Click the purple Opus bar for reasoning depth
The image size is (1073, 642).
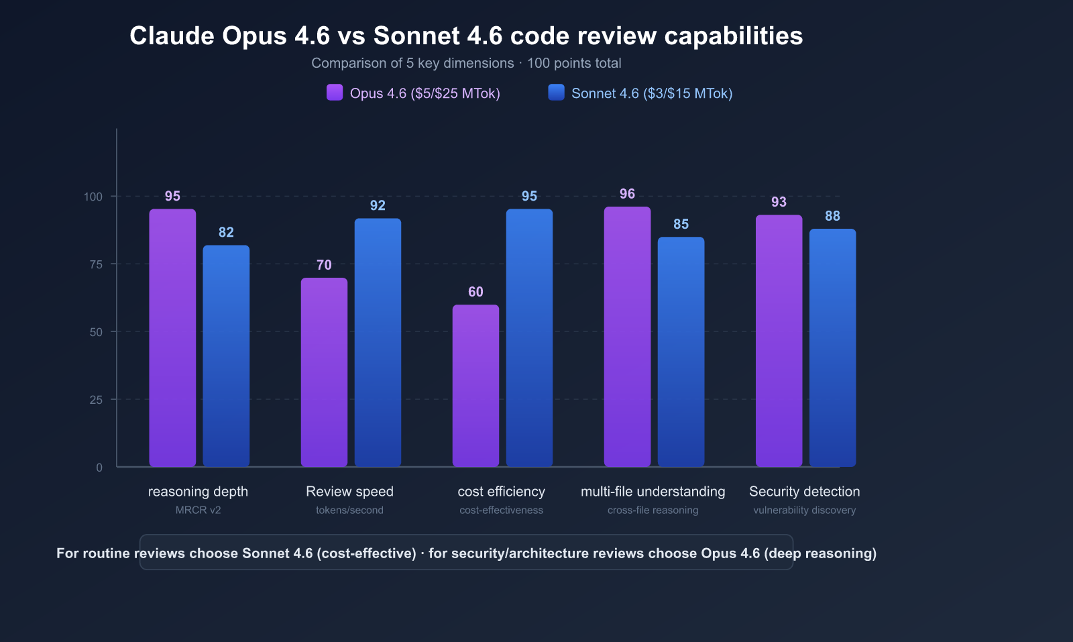coord(172,337)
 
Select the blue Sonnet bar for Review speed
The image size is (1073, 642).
coord(378,342)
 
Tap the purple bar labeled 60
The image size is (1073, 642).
coord(475,386)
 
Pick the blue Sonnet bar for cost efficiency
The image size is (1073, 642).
coord(529,337)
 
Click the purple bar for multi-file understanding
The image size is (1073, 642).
coord(627,336)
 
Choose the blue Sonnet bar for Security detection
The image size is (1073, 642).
coord(832,347)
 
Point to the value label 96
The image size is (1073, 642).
coord(627,194)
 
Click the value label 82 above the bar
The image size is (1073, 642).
coord(226,232)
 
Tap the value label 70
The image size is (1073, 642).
coord(324,265)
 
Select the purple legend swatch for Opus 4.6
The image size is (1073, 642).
coord(335,93)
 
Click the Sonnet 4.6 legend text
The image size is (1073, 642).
coord(651,93)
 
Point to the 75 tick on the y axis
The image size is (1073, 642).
coord(96,264)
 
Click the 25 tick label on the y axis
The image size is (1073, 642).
coord(96,400)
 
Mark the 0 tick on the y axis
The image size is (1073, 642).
coord(99,468)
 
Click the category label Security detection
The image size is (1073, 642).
coord(804,492)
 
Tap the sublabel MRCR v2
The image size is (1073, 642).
coord(198,510)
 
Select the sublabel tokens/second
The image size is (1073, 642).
coord(349,510)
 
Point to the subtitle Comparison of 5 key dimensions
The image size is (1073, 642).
coord(412,63)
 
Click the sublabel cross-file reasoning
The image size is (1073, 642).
coord(653,510)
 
